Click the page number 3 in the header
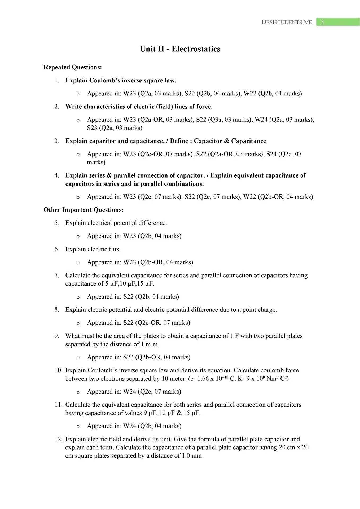pos(322,22)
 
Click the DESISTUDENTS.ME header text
pos(287,22)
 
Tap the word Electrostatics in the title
pos(196,49)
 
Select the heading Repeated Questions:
pos(73,67)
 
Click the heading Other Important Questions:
pos(84,210)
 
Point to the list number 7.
pos(57,275)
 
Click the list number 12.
pos(58,439)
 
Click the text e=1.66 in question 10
pos(199,379)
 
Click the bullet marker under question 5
pos(78,236)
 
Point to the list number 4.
pos(57,175)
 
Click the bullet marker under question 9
pos(78,358)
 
